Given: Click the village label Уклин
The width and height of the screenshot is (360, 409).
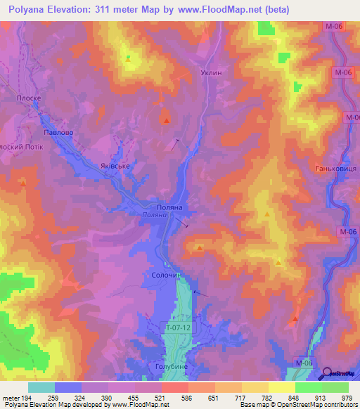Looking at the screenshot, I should click(211, 73).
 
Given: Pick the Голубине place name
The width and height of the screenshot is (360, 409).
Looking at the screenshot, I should click(168, 367).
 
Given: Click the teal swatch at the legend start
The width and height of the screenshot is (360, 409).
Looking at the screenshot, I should click(41, 387).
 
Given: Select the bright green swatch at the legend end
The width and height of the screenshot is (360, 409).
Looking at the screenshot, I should click(335, 387).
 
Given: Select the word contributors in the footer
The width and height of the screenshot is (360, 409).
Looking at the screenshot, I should click(336, 405).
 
